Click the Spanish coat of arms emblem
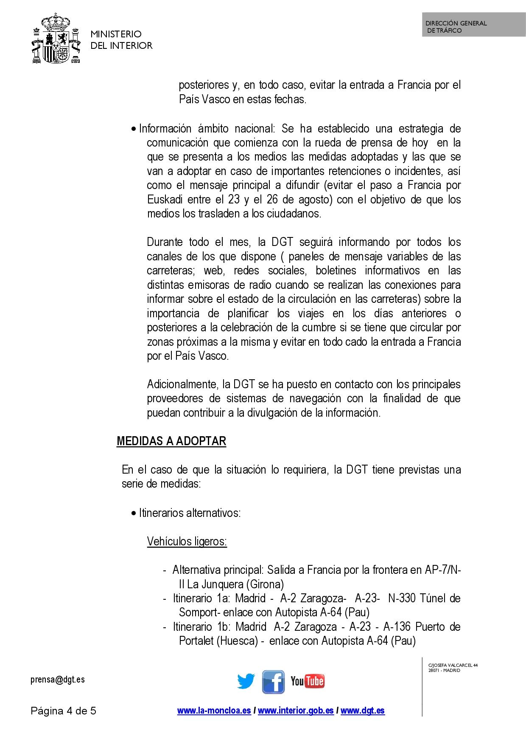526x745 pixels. click(x=56, y=39)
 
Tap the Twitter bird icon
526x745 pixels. click(x=246, y=681)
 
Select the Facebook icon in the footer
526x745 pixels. click(x=273, y=682)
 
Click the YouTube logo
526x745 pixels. click(x=308, y=681)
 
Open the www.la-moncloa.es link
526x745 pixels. click(x=214, y=711)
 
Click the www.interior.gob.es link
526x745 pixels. click(x=296, y=711)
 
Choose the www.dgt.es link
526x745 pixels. click(x=363, y=711)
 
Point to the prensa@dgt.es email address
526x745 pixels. click(x=58, y=680)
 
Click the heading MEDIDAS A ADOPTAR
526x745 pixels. click(x=171, y=441)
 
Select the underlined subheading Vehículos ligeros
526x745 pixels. click(x=187, y=542)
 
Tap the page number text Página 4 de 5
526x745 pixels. click(x=64, y=711)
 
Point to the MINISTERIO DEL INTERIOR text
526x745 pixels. click(x=121, y=40)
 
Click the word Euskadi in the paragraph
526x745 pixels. click(x=165, y=200)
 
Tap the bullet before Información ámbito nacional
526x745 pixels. click(x=134, y=129)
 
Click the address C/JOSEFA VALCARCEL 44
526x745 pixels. click(x=453, y=665)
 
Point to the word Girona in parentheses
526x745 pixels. click(x=266, y=584)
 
